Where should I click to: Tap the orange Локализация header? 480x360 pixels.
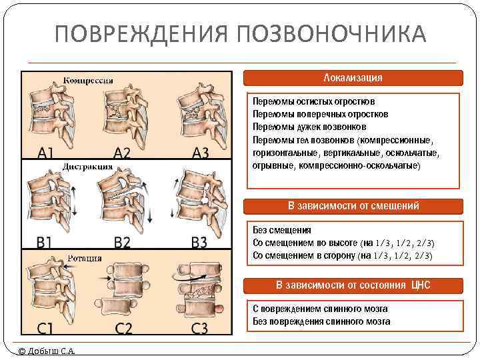pos(353,78)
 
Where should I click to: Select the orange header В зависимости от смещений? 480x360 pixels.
pos(353,205)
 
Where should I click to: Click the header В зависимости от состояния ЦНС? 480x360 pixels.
pos(353,285)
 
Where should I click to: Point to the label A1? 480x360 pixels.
pos(45,153)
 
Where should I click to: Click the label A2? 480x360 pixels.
pos(122,153)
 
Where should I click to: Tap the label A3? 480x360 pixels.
pos(200,153)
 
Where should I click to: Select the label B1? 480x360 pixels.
pos(45,243)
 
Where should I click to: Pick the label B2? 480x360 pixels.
pos(122,243)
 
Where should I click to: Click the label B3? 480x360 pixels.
pos(199,243)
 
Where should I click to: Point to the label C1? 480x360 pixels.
pos(45,328)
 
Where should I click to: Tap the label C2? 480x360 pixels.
pos(124,328)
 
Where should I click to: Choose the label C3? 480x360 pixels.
pos(200,328)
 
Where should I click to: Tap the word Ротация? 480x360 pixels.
pos(85,257)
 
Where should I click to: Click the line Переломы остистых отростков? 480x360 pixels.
pos(313,102)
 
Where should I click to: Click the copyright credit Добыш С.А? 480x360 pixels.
pos(46,351)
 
